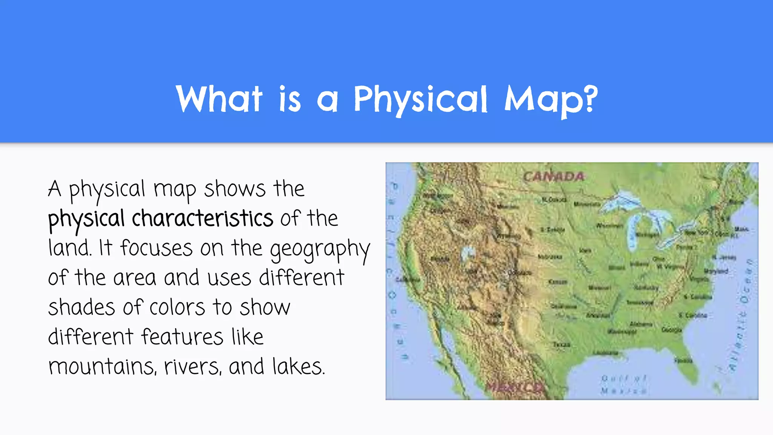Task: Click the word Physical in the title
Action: coord(420,99)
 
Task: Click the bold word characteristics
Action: coord(202,218)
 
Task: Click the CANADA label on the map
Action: coord(553,176)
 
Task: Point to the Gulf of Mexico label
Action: coord(624,384)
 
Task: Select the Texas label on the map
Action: coord(561,344)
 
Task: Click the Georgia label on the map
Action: coord(671,330)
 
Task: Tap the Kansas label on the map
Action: coord(557,282)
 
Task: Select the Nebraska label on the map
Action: coord(550,257)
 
